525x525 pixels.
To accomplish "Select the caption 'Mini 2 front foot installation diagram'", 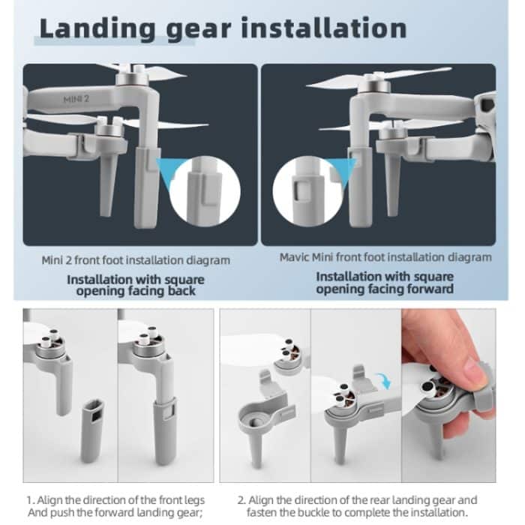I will pos(136,260).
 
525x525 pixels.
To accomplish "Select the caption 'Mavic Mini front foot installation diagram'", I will pos(385,257).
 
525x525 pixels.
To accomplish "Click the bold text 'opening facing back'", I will pos(136,290).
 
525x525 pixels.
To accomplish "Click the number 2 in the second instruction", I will pos(241,500).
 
